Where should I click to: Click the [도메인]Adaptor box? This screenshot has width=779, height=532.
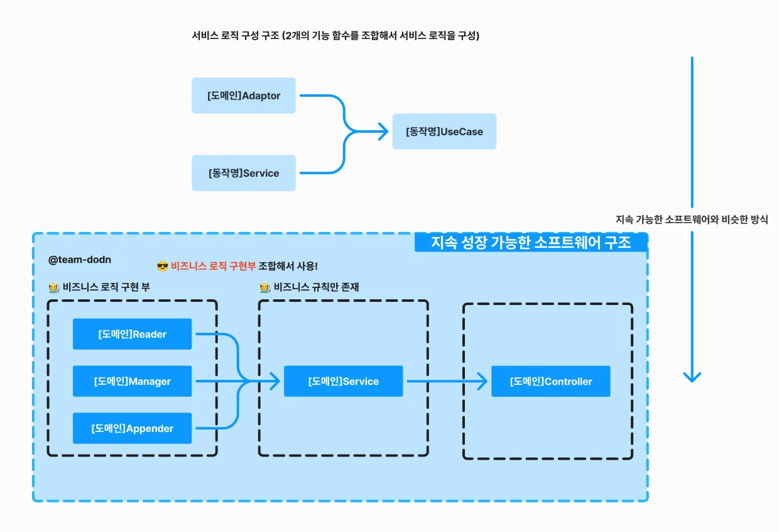244,96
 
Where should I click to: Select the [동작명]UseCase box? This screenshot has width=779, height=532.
444,131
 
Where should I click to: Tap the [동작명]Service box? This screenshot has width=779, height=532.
244,173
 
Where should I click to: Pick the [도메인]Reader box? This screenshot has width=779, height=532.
132,334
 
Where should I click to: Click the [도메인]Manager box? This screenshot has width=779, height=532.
132,381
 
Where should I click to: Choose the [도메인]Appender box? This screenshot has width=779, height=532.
132,428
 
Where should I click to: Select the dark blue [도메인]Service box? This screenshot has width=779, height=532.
343,381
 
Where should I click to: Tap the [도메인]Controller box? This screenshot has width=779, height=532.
551,381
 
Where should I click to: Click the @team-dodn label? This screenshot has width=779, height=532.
80,260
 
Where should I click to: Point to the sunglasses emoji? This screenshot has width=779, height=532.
163,267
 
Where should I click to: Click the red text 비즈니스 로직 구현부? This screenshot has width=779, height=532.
213,266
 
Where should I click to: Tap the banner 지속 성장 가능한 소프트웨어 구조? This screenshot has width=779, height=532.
531,242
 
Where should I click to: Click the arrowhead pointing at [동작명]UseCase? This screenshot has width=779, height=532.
384,131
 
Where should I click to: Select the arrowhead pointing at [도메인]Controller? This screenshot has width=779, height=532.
482,381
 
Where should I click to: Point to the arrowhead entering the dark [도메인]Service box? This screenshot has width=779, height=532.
275,381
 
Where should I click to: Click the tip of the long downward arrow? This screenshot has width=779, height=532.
692,382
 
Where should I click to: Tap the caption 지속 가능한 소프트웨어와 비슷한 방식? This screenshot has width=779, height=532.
692,219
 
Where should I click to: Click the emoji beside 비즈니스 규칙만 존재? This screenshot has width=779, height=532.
264,287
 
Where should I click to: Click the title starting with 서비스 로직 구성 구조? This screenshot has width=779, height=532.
335,35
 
